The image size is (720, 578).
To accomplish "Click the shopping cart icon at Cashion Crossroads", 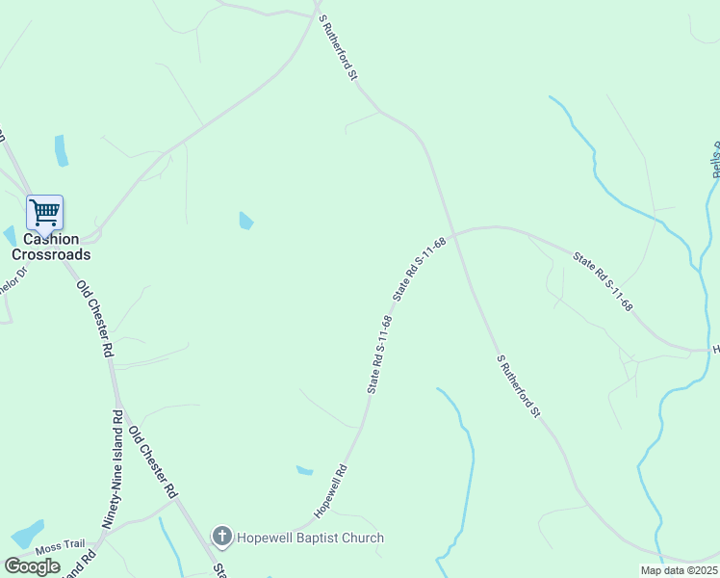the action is pos(44,212).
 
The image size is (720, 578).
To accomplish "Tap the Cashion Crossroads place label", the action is pos(51,248).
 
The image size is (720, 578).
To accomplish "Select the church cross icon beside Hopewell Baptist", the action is pos(221,537).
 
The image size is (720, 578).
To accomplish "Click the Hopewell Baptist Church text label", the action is pos(310,538).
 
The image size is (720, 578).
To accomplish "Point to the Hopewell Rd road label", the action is pos(329,491).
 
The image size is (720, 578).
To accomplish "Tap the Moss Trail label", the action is pos(61,547).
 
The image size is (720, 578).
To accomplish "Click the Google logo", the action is pos(32,566).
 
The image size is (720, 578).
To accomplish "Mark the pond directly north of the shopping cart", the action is pos(62,150).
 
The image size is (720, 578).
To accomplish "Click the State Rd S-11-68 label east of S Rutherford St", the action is pos(603,281).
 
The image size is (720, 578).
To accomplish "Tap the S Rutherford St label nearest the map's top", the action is pos(339,48).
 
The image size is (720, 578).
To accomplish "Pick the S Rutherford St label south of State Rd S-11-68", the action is pos(519,386).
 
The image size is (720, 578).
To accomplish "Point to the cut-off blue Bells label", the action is pos(715,160).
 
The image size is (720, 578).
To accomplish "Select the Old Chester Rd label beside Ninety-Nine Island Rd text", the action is pos(154,461).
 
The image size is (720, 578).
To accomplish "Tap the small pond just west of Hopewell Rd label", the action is pos(304,471).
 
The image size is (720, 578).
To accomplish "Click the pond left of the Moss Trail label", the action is pos(26,535).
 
